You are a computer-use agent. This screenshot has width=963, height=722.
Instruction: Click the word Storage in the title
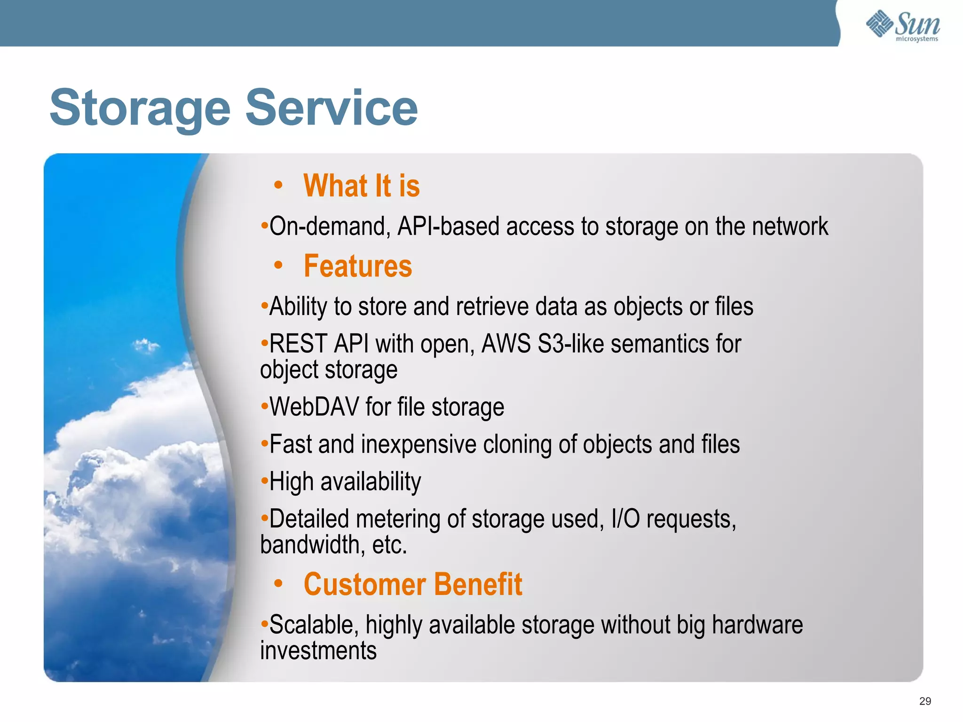[x=140, y=109]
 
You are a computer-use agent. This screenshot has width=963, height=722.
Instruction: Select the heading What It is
[x=361, y=186]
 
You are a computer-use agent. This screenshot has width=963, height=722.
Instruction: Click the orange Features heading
[x=357, y=266]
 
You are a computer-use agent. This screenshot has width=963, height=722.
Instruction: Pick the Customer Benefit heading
[x=412, y=584]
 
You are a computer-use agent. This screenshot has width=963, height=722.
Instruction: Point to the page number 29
[x=924, y=701]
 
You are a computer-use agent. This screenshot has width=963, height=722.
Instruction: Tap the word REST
[x=298, y=344]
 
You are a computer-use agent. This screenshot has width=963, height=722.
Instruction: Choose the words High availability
[x=345, y=482]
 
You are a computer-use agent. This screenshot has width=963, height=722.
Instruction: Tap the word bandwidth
[x=309, y=545]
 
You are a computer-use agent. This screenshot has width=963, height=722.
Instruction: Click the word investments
[x=318, y=651]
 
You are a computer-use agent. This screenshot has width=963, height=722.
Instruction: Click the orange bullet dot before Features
[x=278, y=266]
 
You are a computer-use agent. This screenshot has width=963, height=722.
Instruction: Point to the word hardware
[x=757, y=625]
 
